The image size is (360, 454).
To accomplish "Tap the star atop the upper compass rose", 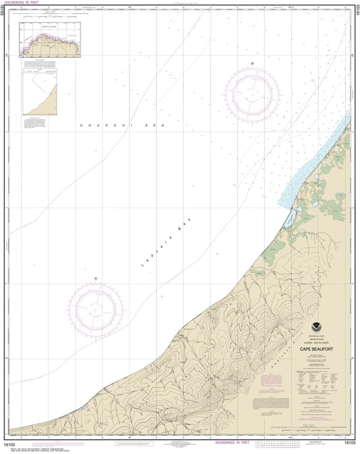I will (252, 64).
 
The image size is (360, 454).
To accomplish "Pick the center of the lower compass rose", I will (95, 308).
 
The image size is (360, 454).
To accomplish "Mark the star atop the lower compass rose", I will (95, 278).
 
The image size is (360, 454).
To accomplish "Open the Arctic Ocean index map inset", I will (51, 40).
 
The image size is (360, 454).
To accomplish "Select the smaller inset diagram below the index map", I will (39, 91).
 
